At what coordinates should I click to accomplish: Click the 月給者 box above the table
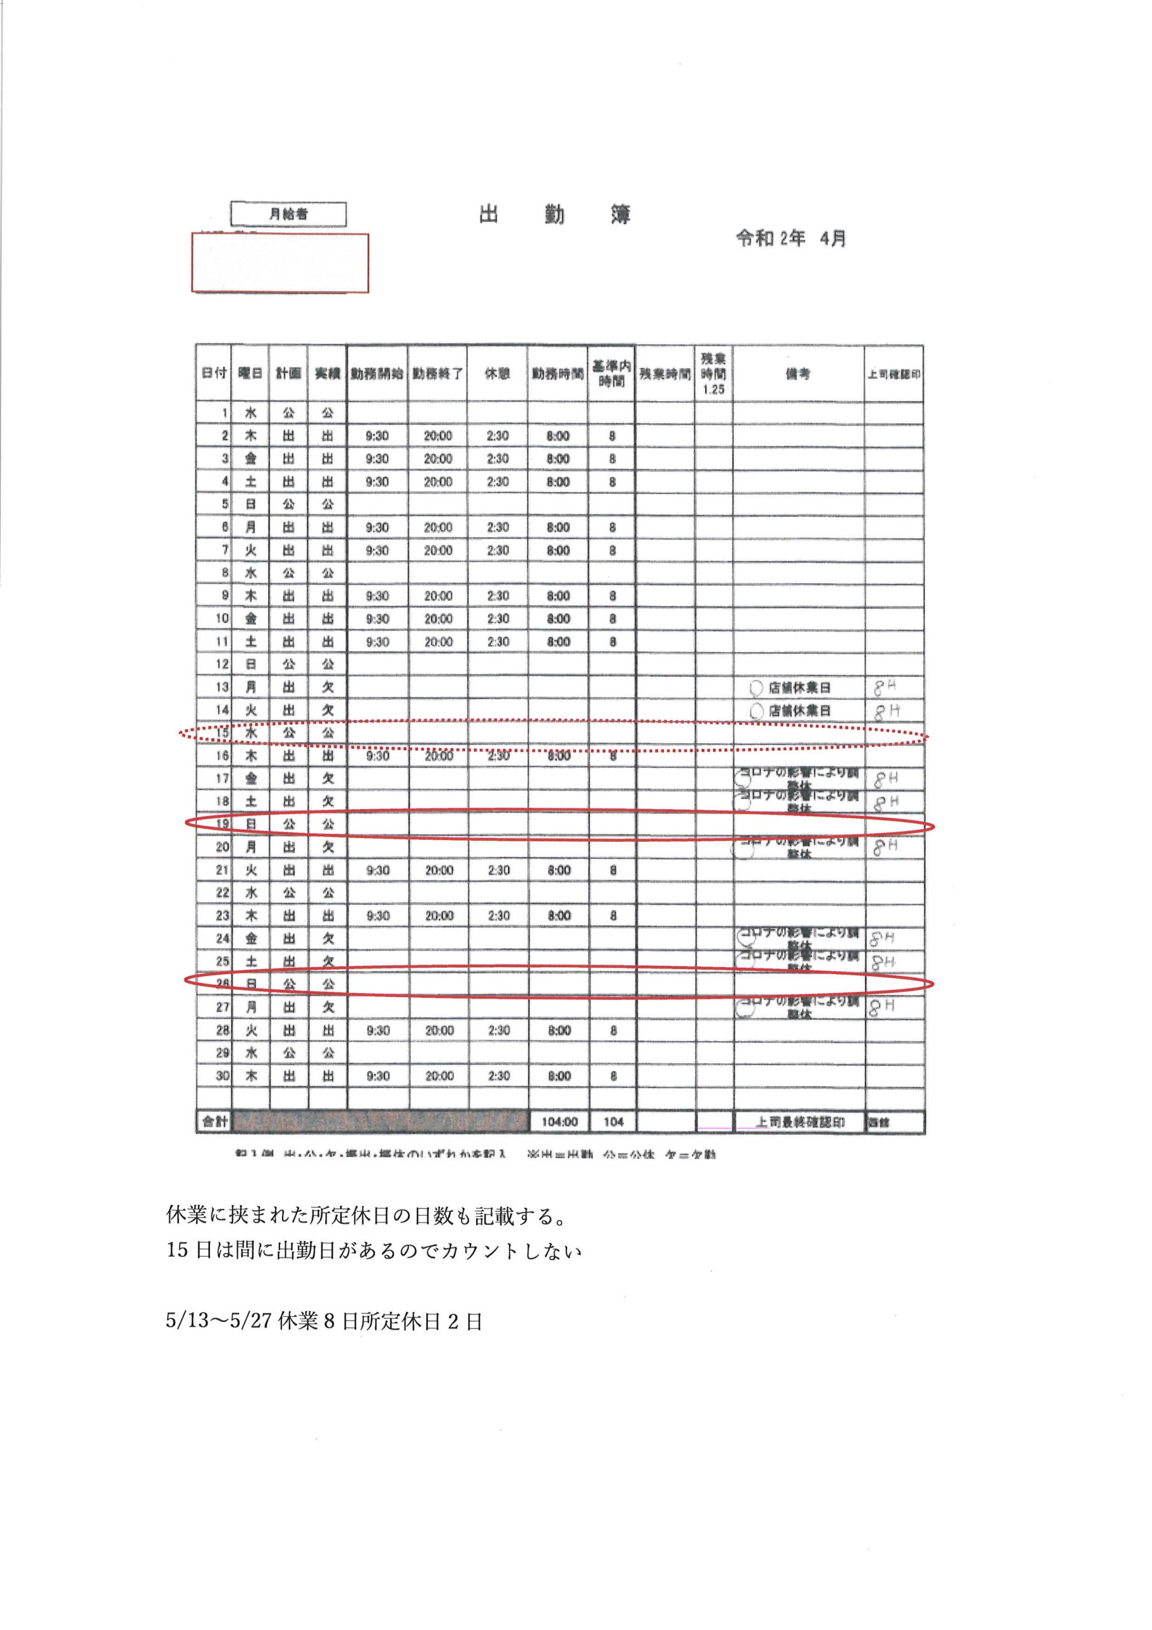pos(288,214)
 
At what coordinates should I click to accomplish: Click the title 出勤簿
pos(554,215)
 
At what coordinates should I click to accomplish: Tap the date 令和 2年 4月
pos(790,239)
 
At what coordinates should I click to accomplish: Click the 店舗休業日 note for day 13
pos(799,688)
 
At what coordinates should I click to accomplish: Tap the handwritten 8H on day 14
pos(886,711)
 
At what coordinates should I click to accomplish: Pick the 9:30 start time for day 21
pos(377,870)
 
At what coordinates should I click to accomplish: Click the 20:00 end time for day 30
pos(439,1076)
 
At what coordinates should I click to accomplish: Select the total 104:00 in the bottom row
pos(559,1123)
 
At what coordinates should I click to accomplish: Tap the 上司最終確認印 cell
pos(799,1123)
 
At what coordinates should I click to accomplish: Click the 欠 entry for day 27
pos(327,1007)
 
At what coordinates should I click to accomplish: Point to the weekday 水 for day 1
pos(251,413)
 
